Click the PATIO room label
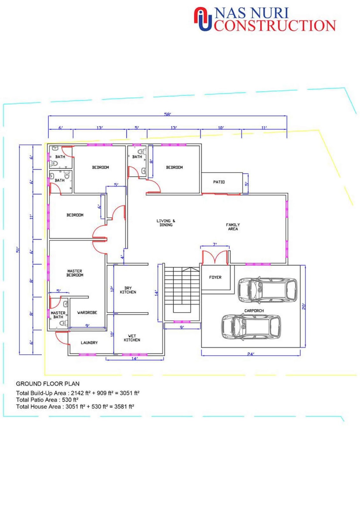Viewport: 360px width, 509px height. pos(219,182)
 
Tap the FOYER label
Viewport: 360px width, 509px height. pos(215,277)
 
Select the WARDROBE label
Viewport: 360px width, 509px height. pos(87,313)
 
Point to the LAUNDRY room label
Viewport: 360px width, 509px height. pos(89,343)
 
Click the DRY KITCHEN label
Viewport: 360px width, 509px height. pos(128,290)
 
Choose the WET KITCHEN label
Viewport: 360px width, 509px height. pos(132,338)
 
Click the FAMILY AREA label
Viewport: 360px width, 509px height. pos(233,227)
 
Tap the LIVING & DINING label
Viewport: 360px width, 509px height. pos(166,223)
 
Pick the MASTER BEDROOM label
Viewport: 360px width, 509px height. pos(75,273)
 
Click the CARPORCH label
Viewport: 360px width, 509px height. pos(254,310)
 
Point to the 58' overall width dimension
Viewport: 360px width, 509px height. pos(167,114)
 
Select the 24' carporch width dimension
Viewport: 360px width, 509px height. pos(251,354)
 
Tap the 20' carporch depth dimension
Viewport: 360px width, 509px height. pos(304,306)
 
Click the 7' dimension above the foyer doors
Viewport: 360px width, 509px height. pos(215,245)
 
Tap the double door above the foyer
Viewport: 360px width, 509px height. pos(215,257)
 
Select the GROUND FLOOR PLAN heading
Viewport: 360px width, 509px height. pos(48,384)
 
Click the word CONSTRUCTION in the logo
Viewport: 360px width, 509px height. pos(275,25)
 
